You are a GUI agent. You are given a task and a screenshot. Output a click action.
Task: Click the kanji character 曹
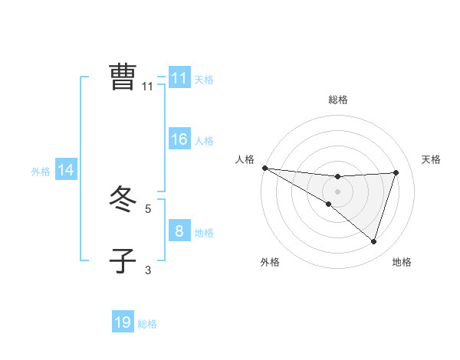tap(123, 77)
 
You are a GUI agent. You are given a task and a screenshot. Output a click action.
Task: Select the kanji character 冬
tap(123, 201)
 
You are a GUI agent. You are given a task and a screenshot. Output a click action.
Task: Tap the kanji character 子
tap(123, 260)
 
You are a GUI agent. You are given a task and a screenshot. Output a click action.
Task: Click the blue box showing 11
tap(179, 78)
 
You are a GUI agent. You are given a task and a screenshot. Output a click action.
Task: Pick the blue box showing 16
tap(179, 139)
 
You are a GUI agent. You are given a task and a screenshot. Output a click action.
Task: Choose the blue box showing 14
tap(66, 170)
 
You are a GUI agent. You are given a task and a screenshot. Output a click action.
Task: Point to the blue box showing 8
tap(179, 231)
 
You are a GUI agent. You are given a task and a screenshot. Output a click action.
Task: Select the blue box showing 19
tap(123, 322)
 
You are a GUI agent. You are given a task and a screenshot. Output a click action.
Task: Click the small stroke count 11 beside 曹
tap(148, 87)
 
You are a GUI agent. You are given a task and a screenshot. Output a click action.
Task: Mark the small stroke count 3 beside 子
tap(148, 270)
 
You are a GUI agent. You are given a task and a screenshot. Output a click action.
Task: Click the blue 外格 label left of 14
tap(41, 172)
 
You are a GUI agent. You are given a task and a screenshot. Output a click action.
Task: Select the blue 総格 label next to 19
tap(147, 324)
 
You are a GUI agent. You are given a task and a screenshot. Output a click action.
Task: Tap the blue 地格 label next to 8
tap(204, 233)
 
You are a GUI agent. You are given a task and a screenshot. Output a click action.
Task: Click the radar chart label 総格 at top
tap(337, 100)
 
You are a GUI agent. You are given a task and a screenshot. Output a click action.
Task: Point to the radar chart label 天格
tap(432, 159)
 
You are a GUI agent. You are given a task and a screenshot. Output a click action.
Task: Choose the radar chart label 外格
tap(270, 262)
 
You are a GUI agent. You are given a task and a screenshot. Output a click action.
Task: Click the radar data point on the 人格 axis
tap(264, 167)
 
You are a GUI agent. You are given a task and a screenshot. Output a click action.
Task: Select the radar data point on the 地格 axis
tap(373, 241)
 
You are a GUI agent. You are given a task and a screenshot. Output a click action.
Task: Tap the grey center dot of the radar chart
tap(337, 191)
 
